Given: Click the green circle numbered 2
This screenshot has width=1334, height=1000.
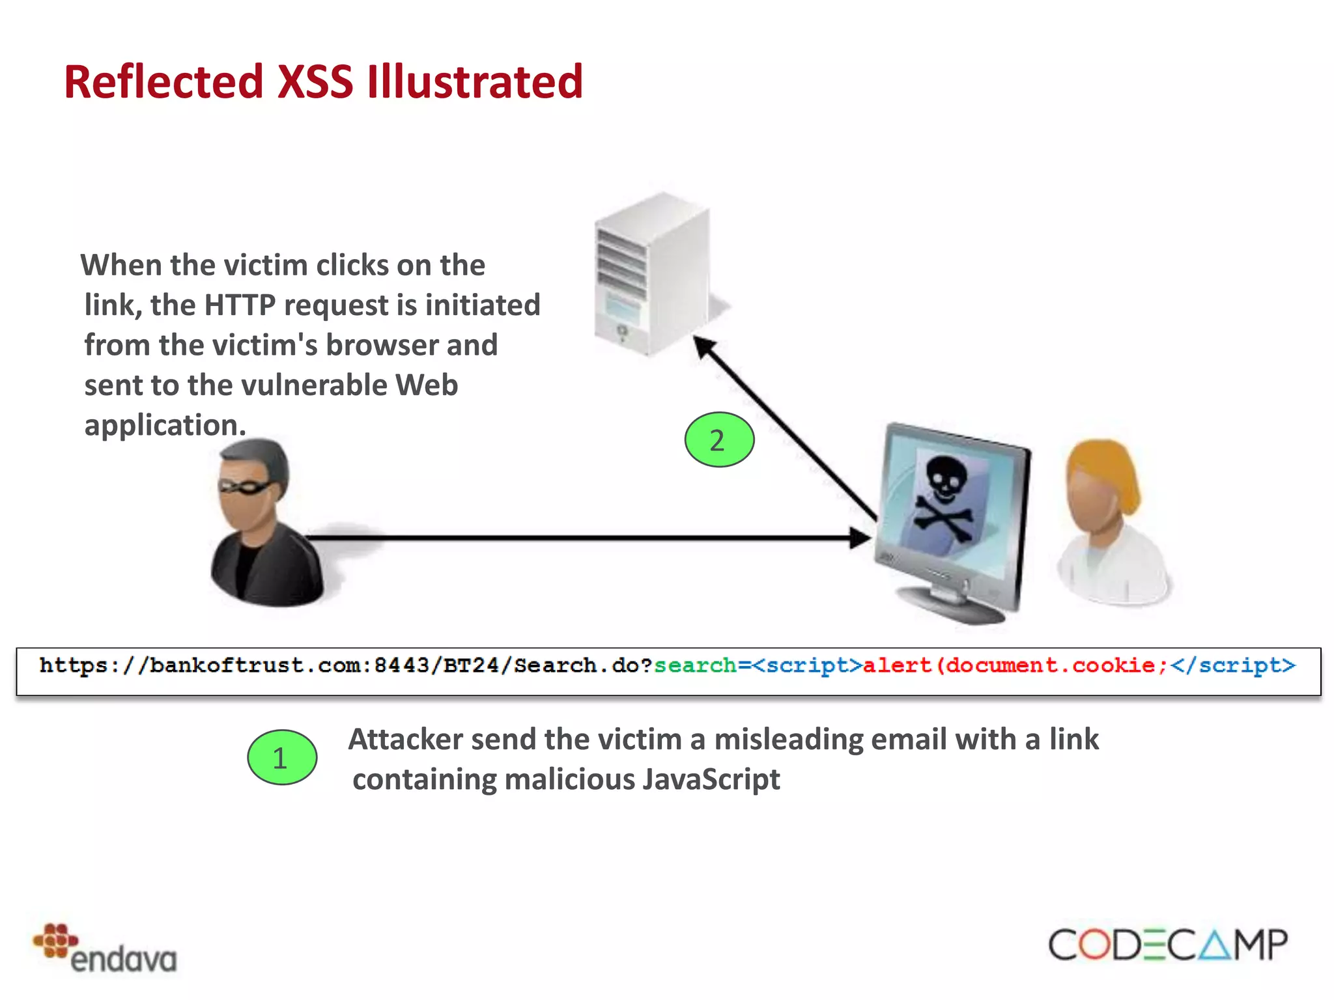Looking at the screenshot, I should coord(719,440).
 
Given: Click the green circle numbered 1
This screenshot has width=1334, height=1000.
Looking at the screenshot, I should coord(282,757).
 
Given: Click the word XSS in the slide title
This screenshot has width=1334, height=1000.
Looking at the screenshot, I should coord(315,83).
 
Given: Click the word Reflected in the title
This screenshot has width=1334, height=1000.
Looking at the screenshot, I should coord(163,83).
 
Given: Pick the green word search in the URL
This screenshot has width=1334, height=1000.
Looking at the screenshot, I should coord(695,665).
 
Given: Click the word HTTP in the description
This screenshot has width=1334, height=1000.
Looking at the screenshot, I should coord(240,305).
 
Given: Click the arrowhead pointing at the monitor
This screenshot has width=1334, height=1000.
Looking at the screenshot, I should coord(861,538).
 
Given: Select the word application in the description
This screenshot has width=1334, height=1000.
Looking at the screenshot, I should coord(165,426).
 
